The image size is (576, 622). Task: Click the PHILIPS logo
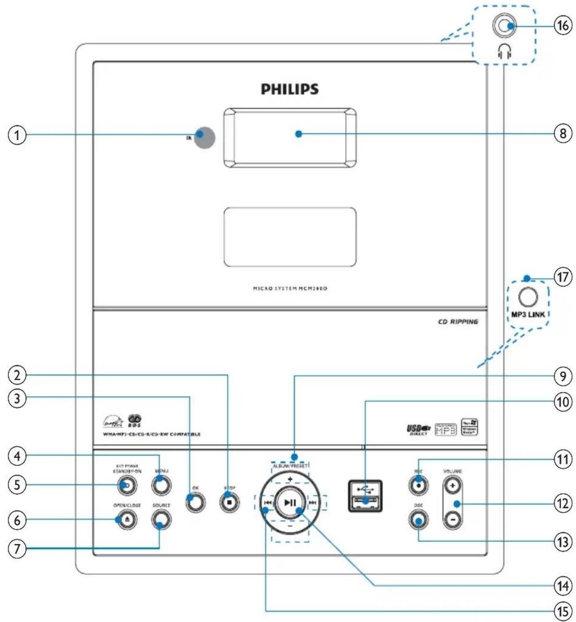coord(290,89)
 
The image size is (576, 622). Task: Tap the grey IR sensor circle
coord(205,137)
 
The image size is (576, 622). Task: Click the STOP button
coord(230,502)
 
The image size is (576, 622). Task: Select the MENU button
coord(162,485)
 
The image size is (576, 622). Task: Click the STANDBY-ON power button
coord(127,485)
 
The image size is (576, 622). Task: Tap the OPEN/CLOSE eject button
coord(127,520)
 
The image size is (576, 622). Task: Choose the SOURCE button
coord(162,520)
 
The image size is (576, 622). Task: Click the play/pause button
coord(290,503)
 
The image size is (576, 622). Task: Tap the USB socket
coord(365,496)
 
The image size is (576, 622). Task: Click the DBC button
coord(419,520)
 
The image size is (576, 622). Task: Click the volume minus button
coord(452,520)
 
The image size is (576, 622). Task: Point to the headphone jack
coord(504,26)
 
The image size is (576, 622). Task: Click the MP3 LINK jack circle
coord(528,297)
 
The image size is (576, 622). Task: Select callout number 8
coord(562,134)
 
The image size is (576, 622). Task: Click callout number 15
coord(562,611)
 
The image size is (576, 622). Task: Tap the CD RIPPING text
coord(458,322)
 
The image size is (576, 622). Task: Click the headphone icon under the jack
coord(505,53)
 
